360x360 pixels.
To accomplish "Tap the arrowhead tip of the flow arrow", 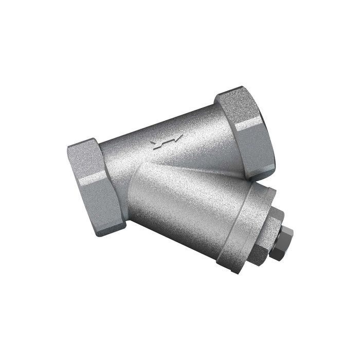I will pyautogui.click(x=181, y=137).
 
